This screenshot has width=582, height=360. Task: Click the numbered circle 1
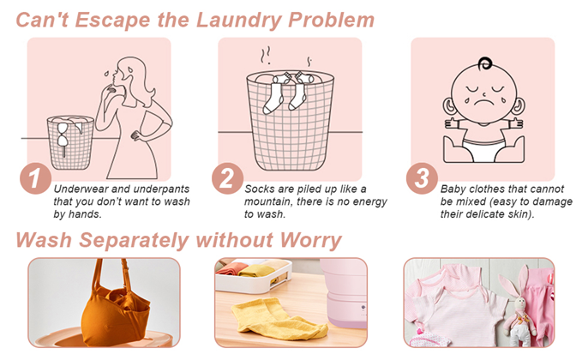point(35,178)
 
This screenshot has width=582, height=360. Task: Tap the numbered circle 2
point(227,178)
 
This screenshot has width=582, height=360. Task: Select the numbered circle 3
point(422,178)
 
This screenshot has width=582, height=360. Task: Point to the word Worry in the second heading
point(310,240)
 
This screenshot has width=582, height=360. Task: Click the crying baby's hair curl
point(485,63)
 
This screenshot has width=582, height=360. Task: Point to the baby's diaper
point(483,149)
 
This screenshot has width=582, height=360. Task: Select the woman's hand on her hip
point(137,135)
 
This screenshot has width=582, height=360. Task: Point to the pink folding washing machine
point(345,293)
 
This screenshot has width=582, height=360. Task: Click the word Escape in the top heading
point(113,21)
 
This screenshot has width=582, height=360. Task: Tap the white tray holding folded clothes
point(254,275)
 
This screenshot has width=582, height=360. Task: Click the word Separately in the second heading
point(134,241)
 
